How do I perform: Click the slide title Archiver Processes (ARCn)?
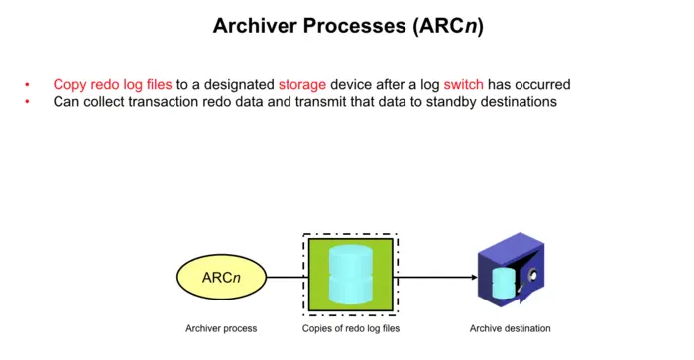point(348,26)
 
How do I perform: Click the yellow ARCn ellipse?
point(222,278)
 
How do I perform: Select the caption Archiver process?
point(221,328)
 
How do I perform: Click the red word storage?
point(302,85)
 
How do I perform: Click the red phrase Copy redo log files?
point(112,85)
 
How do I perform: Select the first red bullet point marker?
point(28,86)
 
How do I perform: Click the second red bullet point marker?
point(28,102)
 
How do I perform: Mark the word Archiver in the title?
point(255,26)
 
